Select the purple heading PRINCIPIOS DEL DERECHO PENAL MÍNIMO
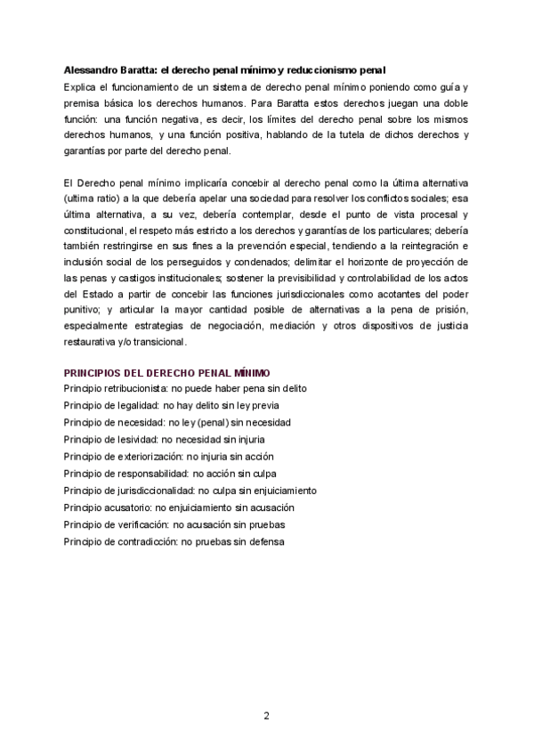(167, 372)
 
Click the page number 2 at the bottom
(266, 715)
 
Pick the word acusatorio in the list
(133, 507)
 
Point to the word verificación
(136, 524)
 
